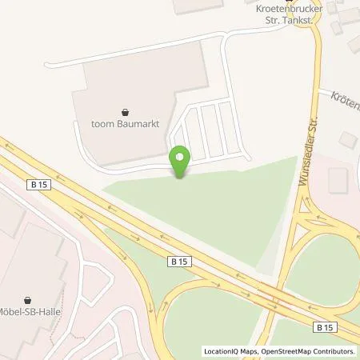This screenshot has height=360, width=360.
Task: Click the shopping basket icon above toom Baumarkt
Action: tap(126, 112)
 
